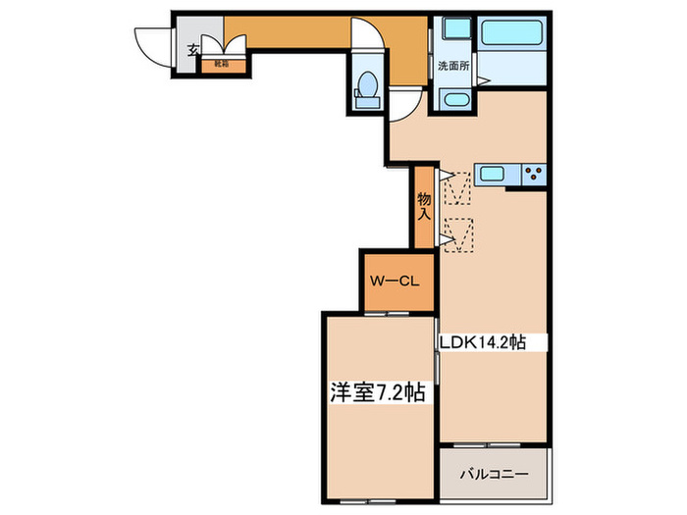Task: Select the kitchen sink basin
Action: pyautogui.click(x=492, y=175)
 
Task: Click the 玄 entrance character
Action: pyautogui.click(x=194, y=49)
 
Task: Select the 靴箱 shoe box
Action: pyautogui.click(x=223, y=65)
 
